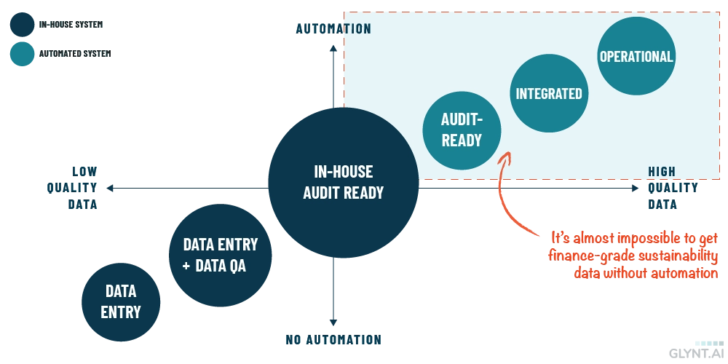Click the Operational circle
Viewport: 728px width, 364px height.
pos(636,57)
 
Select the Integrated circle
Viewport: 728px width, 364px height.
pos(548,93)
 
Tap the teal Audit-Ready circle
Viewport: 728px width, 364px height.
pos(462,130)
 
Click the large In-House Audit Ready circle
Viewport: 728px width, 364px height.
pos(343,182)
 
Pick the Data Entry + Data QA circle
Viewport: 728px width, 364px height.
pos(220,255)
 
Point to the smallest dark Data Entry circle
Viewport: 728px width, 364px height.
pos(121,302)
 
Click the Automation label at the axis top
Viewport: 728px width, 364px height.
pos(334,29)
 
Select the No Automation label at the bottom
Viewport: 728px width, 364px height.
pos(334,339)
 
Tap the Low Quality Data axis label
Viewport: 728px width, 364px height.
pos(74,187)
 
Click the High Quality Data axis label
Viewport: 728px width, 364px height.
pos(671,187)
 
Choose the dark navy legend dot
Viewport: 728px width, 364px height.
pos(22,24)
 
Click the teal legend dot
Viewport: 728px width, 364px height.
pos(22,54)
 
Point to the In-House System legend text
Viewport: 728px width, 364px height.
pos(71,24)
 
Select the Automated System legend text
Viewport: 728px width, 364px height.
pos(74,53)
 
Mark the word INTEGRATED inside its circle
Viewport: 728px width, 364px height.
pos(548,93)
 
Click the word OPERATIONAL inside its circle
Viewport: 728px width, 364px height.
pos(636,57)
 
